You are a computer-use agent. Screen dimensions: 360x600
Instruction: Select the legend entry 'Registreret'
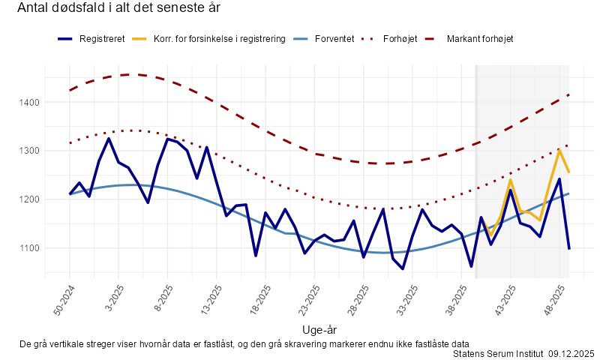(x=102, y=38)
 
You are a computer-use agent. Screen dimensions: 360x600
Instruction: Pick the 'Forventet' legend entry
(x=334, y=38)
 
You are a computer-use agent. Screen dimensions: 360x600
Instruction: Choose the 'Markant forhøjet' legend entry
(x=480, y=38)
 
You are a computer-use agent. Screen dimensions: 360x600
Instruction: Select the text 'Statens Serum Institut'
(x=499, y=353)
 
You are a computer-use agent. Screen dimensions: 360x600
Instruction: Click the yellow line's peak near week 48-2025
(x=559, y=150)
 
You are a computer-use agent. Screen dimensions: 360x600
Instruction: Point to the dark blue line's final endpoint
(x=569, y=248)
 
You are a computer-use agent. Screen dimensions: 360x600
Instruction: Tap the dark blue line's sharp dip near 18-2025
(x=256, y=256)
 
